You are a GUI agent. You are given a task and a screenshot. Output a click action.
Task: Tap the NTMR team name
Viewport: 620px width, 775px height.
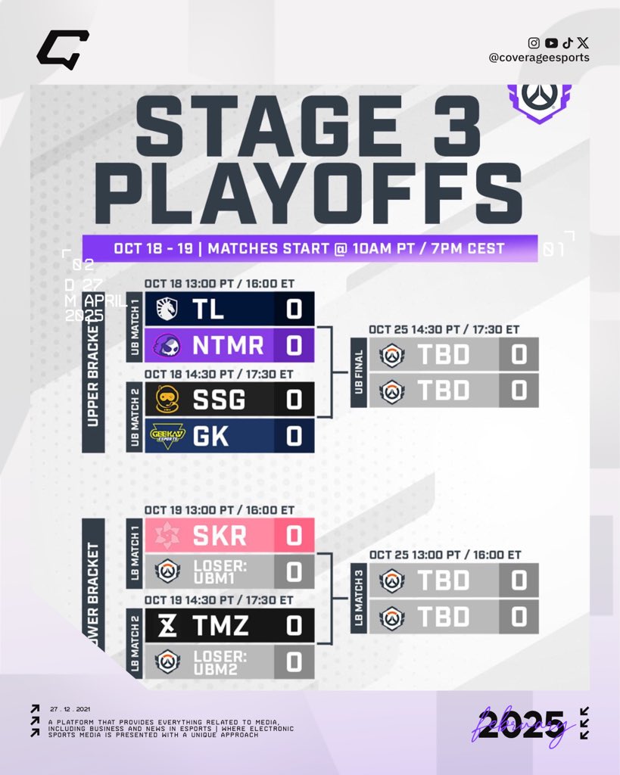click(226, 345)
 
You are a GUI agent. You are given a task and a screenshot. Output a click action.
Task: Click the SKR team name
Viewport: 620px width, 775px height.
click(220, 535)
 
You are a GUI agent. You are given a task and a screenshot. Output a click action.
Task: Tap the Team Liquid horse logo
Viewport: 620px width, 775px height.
click(166, 309)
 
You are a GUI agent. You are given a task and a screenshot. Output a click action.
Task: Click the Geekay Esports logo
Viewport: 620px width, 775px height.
click(166, 435)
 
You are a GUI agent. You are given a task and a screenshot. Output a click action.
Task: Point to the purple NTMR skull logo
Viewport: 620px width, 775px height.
click(166, 345)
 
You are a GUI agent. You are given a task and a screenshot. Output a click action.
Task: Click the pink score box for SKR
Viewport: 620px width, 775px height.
click(294, 535)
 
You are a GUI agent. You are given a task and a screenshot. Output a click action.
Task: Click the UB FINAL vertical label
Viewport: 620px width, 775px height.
click(359, 372)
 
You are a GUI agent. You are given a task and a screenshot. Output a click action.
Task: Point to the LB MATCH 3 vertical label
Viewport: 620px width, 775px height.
click(359, 598)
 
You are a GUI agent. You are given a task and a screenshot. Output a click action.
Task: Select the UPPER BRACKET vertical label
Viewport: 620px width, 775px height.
click(93, 372)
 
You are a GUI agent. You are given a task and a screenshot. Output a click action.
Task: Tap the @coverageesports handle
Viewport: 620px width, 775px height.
click(539, 58)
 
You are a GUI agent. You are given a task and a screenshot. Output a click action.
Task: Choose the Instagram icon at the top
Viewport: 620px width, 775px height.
click(534, 43)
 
